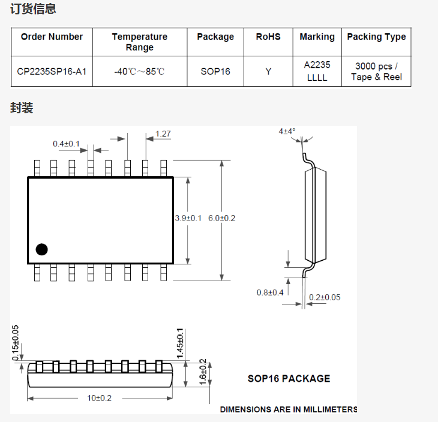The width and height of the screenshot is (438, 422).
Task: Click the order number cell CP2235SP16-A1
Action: pyautogui.click(x=52, y=71)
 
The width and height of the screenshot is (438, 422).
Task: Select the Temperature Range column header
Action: pyautogui.click(x=140, y=42)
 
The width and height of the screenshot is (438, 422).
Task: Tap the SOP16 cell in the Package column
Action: pyautogui.click(x=215, y=71)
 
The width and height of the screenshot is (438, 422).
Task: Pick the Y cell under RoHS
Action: pyautogui.click(x=268, y=71)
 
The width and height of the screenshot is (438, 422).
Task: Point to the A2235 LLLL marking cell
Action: pyautogui.click(x=317, y=71)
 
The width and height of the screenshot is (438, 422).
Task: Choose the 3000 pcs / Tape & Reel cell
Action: pyautogui.click(x=377, y=71)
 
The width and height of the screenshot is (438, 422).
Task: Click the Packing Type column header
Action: pyautogui.click(x=377, y=37)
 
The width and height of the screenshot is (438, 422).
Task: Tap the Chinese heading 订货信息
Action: pyautogui.click(x=33, y=8)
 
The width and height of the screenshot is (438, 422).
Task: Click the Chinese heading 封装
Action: pyautogui.click(x=22, y=108)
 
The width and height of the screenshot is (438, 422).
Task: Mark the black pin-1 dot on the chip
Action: pyautogui.click(x=41, y=249)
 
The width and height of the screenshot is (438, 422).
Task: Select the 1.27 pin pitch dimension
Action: pyautogui.click(x=163, y=134)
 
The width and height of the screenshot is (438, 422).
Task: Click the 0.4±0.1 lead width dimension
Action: pyautogui.click(x=66, y=144)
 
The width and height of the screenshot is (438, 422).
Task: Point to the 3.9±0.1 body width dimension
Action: pyautogui.click(x=188, y=218)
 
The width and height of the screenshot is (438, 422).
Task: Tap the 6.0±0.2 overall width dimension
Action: pyautogui.click(x=222, y=218)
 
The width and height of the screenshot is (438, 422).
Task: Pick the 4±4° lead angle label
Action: pyautogui.click(x=287, y=131)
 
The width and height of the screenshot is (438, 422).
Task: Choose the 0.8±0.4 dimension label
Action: pyautogui.click(x=270, y=293)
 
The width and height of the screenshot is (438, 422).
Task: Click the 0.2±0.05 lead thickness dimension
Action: pyautogui.click(x=325, y=297)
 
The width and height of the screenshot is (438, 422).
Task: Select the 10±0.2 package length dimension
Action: pyautogui.click(x=100, y=398)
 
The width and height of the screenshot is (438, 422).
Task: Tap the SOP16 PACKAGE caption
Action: pyautogui.click(x=289, y=378)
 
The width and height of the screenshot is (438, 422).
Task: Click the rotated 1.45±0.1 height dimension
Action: pyautogui.click(x=180, y=343)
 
